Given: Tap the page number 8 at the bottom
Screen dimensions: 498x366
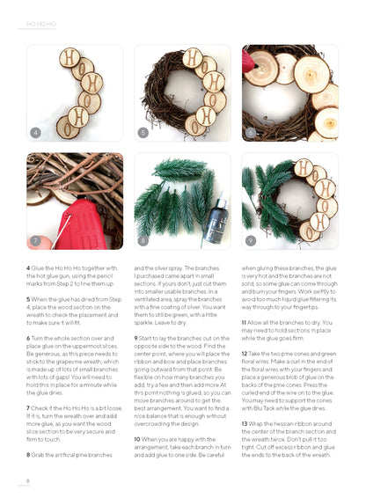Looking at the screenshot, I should [x=27, y=480].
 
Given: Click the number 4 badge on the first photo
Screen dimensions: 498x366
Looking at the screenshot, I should [x=35, y=133].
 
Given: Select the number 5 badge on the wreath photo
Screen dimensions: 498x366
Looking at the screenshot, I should [x=143, y=133].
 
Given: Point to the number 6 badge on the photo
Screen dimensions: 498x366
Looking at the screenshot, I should [x=252, y=133].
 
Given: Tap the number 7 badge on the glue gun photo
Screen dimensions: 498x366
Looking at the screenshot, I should [x=35, y=239].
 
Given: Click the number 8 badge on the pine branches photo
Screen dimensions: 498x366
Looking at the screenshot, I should [x=143, y=239].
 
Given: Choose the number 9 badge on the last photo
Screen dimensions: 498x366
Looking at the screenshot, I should [x=252, y=239].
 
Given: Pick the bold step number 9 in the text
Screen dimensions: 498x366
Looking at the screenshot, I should [x=135, y=338].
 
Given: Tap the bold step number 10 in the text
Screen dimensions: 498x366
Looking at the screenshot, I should [x=137, y=438].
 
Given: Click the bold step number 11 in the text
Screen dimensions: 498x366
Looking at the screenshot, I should [x=245, y=322].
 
